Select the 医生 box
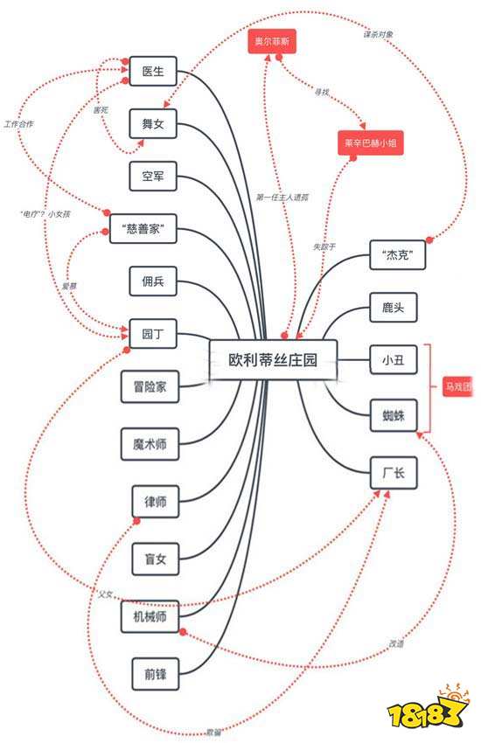pos(153,72)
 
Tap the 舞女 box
pos(153,124)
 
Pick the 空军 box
pos(153,177)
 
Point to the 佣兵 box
pos(153,281)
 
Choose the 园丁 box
pos(153,333)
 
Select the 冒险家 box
pos(150,385)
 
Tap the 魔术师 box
pos(150,445)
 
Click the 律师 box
pos(155,501)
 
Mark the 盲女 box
pos(155,558)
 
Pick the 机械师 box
pos(150,616)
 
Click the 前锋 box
pos(155,673)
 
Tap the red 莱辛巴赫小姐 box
pos(372,143)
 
